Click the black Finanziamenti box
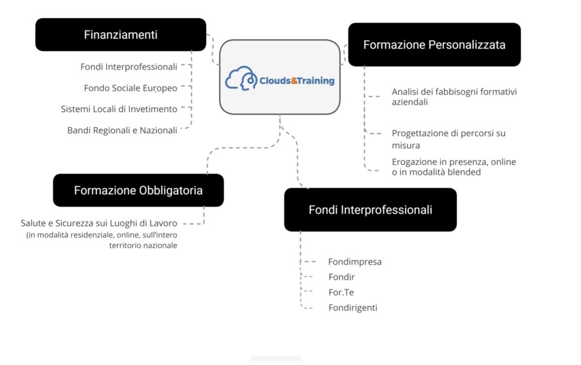121,35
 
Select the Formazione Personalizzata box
434,44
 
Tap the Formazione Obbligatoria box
138,190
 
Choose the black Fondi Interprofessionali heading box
370,209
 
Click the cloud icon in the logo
241,78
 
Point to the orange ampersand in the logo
294,81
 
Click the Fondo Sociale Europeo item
130,88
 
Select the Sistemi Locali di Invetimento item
119,109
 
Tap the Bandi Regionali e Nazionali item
123,131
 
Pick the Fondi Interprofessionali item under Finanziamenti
129,67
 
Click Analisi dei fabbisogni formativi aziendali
454,97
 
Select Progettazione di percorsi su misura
448,139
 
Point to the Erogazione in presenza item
454,167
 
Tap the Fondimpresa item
355,262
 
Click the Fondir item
341,277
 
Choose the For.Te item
341,292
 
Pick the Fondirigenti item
352,308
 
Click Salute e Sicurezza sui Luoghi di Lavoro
99,223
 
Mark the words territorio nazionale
143,245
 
